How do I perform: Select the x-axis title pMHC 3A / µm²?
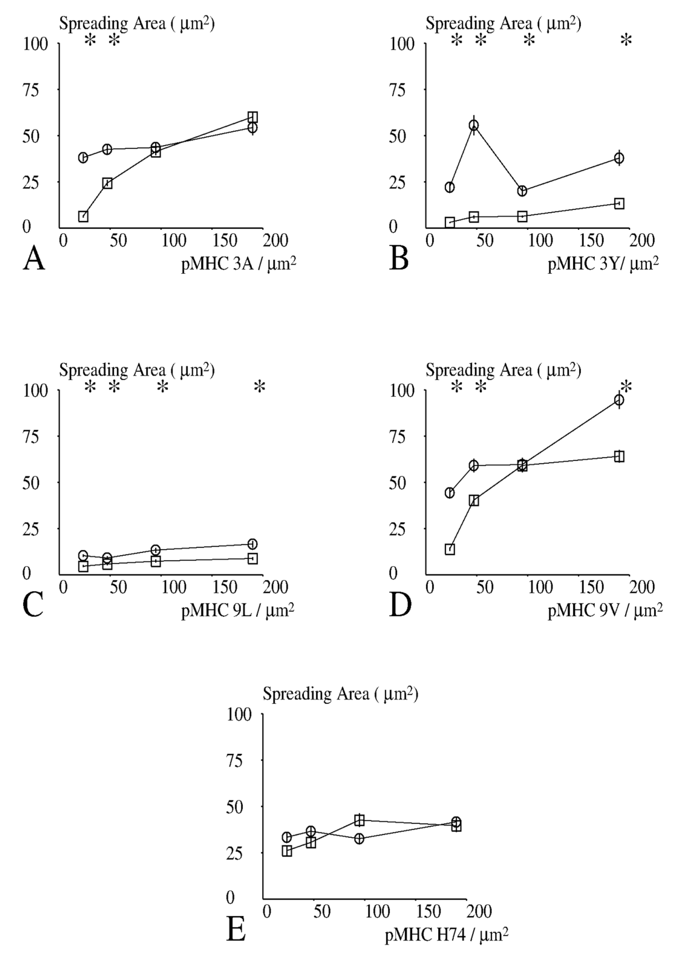click(238, 264)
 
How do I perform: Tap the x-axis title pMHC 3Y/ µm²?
click(603, 264)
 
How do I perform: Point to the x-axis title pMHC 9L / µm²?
click(237, 611)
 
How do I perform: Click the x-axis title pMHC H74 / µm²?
click(446, 935)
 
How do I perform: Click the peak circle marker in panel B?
click(474, 125)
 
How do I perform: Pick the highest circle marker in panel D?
click(619, 400)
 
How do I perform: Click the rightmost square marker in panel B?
click(619, 204)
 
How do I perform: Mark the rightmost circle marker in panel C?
click(252, 544)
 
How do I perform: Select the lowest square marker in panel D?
click(450, 549)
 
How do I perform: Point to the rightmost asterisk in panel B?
click(626, 41)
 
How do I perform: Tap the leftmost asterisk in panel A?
click(90, 41)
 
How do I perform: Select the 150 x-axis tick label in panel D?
click(591, 587)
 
